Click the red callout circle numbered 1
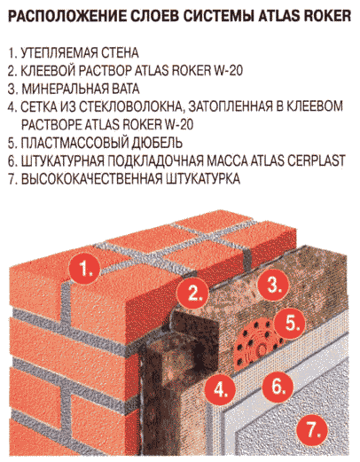[x=85, y=269]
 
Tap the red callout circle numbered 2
[x=193, y=294]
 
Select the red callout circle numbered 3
[x=273, y=286]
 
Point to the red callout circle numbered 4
[x=220, y=390]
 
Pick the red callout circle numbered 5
[x=290, y=323]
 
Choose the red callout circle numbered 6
[x=278, y=386]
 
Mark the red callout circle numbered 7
[x=312, y=429]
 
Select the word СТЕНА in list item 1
[x=120, y=53]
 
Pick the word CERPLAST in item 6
[x=316, y=161]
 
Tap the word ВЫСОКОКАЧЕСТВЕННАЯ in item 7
[x=91, y=179]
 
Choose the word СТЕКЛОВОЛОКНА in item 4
[x=129, y=107]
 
